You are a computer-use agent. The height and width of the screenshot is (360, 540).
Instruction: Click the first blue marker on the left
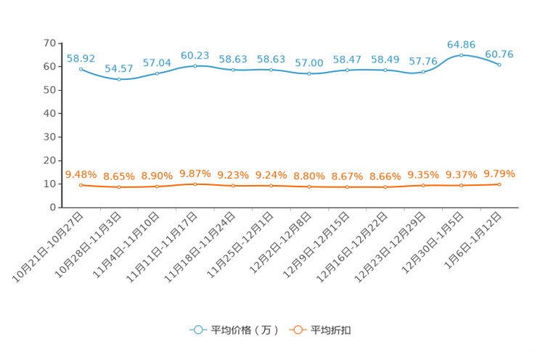pos(81,69)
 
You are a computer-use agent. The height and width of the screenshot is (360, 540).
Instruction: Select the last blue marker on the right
pos(499,65)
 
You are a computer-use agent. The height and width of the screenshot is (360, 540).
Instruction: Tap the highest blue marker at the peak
pos(461,54)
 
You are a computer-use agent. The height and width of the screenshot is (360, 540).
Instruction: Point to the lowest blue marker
pos(119,78)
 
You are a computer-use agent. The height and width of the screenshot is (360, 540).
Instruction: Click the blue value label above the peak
pos(461,44)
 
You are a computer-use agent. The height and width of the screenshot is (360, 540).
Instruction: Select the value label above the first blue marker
pos(81,58)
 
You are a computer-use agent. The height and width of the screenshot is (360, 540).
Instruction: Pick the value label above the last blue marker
pos(499,54)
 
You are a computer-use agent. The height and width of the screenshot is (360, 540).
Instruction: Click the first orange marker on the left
pos(81,185)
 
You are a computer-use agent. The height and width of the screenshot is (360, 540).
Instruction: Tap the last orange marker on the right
pos(499,184)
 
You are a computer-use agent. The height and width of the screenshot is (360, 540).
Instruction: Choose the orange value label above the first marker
pos(81,174)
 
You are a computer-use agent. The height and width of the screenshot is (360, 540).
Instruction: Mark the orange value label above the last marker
pos(499,173)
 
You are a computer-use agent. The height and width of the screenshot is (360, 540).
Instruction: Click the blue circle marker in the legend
pos(197,330)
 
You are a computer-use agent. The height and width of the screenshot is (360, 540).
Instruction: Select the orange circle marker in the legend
pos(297,330)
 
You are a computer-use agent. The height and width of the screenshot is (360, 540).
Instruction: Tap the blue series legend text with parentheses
pos(245,330)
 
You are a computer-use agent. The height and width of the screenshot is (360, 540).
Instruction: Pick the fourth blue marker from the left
pos(195,66)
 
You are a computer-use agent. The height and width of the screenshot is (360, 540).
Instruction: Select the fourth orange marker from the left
pos(195,184)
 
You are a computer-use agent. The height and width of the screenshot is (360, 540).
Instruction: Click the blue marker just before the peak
pos(423,71)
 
